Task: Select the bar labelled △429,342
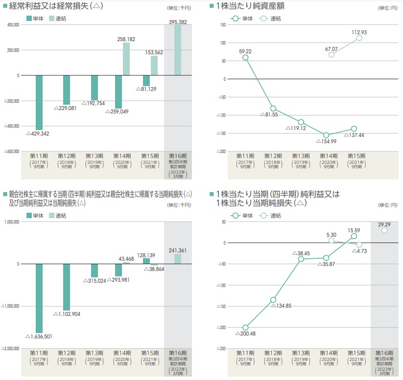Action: (39, 102)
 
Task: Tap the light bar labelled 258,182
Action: (126, 59)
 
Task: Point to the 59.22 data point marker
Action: (245, 57)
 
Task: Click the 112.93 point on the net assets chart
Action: (359, 38)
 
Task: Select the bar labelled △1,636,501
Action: (39, 298)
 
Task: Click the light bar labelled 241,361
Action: (177, 259)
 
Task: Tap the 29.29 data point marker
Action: (384, 230)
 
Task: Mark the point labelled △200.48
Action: (245, 328)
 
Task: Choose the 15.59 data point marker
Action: (354, 236)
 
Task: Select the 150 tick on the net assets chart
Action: (222, 24)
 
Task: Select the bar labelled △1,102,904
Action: (67, 287)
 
